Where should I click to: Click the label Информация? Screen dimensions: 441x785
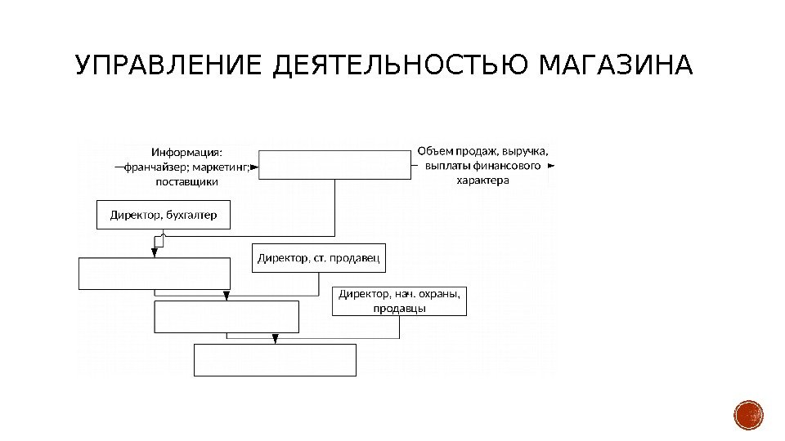(187, 151)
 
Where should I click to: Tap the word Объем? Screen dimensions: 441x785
(434, 151)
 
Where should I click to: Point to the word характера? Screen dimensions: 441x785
(482, 180)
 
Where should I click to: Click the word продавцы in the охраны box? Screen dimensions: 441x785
(400, 309)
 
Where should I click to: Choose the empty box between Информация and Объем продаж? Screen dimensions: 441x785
(334, 164)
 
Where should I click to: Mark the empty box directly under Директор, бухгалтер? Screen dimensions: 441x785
(155, 274)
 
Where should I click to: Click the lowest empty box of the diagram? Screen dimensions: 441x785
(275, 359)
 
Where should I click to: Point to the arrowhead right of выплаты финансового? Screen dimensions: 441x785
(551, 166)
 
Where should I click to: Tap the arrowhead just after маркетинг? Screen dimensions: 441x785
(254, 167)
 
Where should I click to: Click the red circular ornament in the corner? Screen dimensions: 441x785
(748, 416)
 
